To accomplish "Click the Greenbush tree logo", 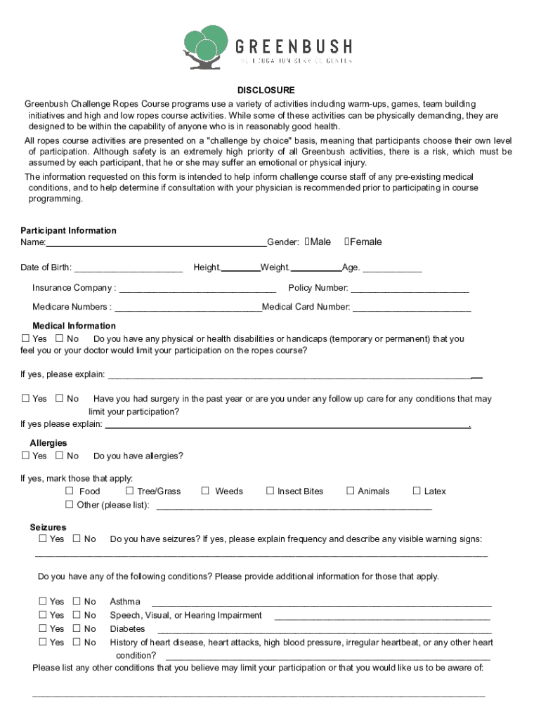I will coord(205,47).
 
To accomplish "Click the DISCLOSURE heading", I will coord(266,91).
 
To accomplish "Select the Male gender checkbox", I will coord(308,242).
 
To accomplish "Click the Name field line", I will coord(156,244).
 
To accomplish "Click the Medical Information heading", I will coord(74,326).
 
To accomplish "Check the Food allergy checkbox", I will coord(70,491).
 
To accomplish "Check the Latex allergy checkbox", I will coord(417,491).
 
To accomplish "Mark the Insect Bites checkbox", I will coord(270,491).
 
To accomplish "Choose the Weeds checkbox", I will coord(205,491).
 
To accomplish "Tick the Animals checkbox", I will coord(351,491).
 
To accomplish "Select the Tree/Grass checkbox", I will coord(130,491).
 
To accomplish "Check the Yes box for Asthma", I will coord(43,601).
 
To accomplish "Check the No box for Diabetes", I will coord(77,628).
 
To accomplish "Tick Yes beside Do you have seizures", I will coord(43,539).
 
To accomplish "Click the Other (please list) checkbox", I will coord(70,505).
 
